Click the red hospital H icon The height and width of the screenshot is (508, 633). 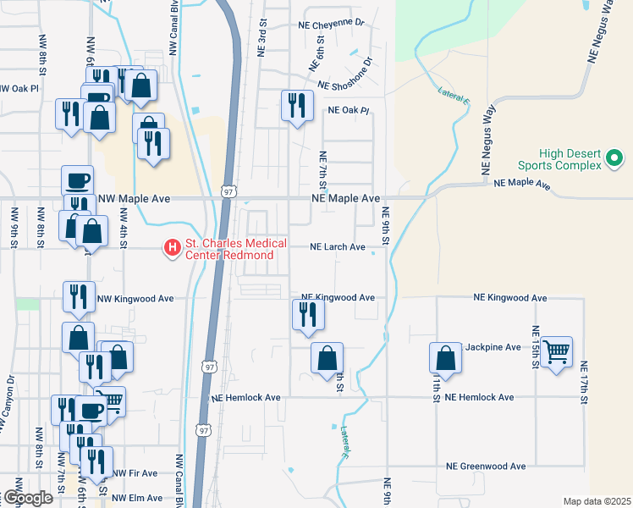[x=173, y=248]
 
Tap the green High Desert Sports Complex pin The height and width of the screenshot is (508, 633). [x=615, y=158]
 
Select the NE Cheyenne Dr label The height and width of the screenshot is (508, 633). [x=331, y=25]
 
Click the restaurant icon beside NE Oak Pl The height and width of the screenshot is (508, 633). [x=296, y=106]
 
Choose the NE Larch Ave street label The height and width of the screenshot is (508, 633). [x=338, y=247]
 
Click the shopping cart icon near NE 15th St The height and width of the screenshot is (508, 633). [x=556, y=351]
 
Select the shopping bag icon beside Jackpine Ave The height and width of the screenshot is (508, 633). [x=445, y=358]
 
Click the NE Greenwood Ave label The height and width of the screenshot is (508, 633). [x=486, y=467]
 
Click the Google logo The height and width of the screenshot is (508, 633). [x=27, y=498]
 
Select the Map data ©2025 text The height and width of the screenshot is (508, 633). [x=596, y=501]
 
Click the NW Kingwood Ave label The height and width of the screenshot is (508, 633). [x=135, y=298]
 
